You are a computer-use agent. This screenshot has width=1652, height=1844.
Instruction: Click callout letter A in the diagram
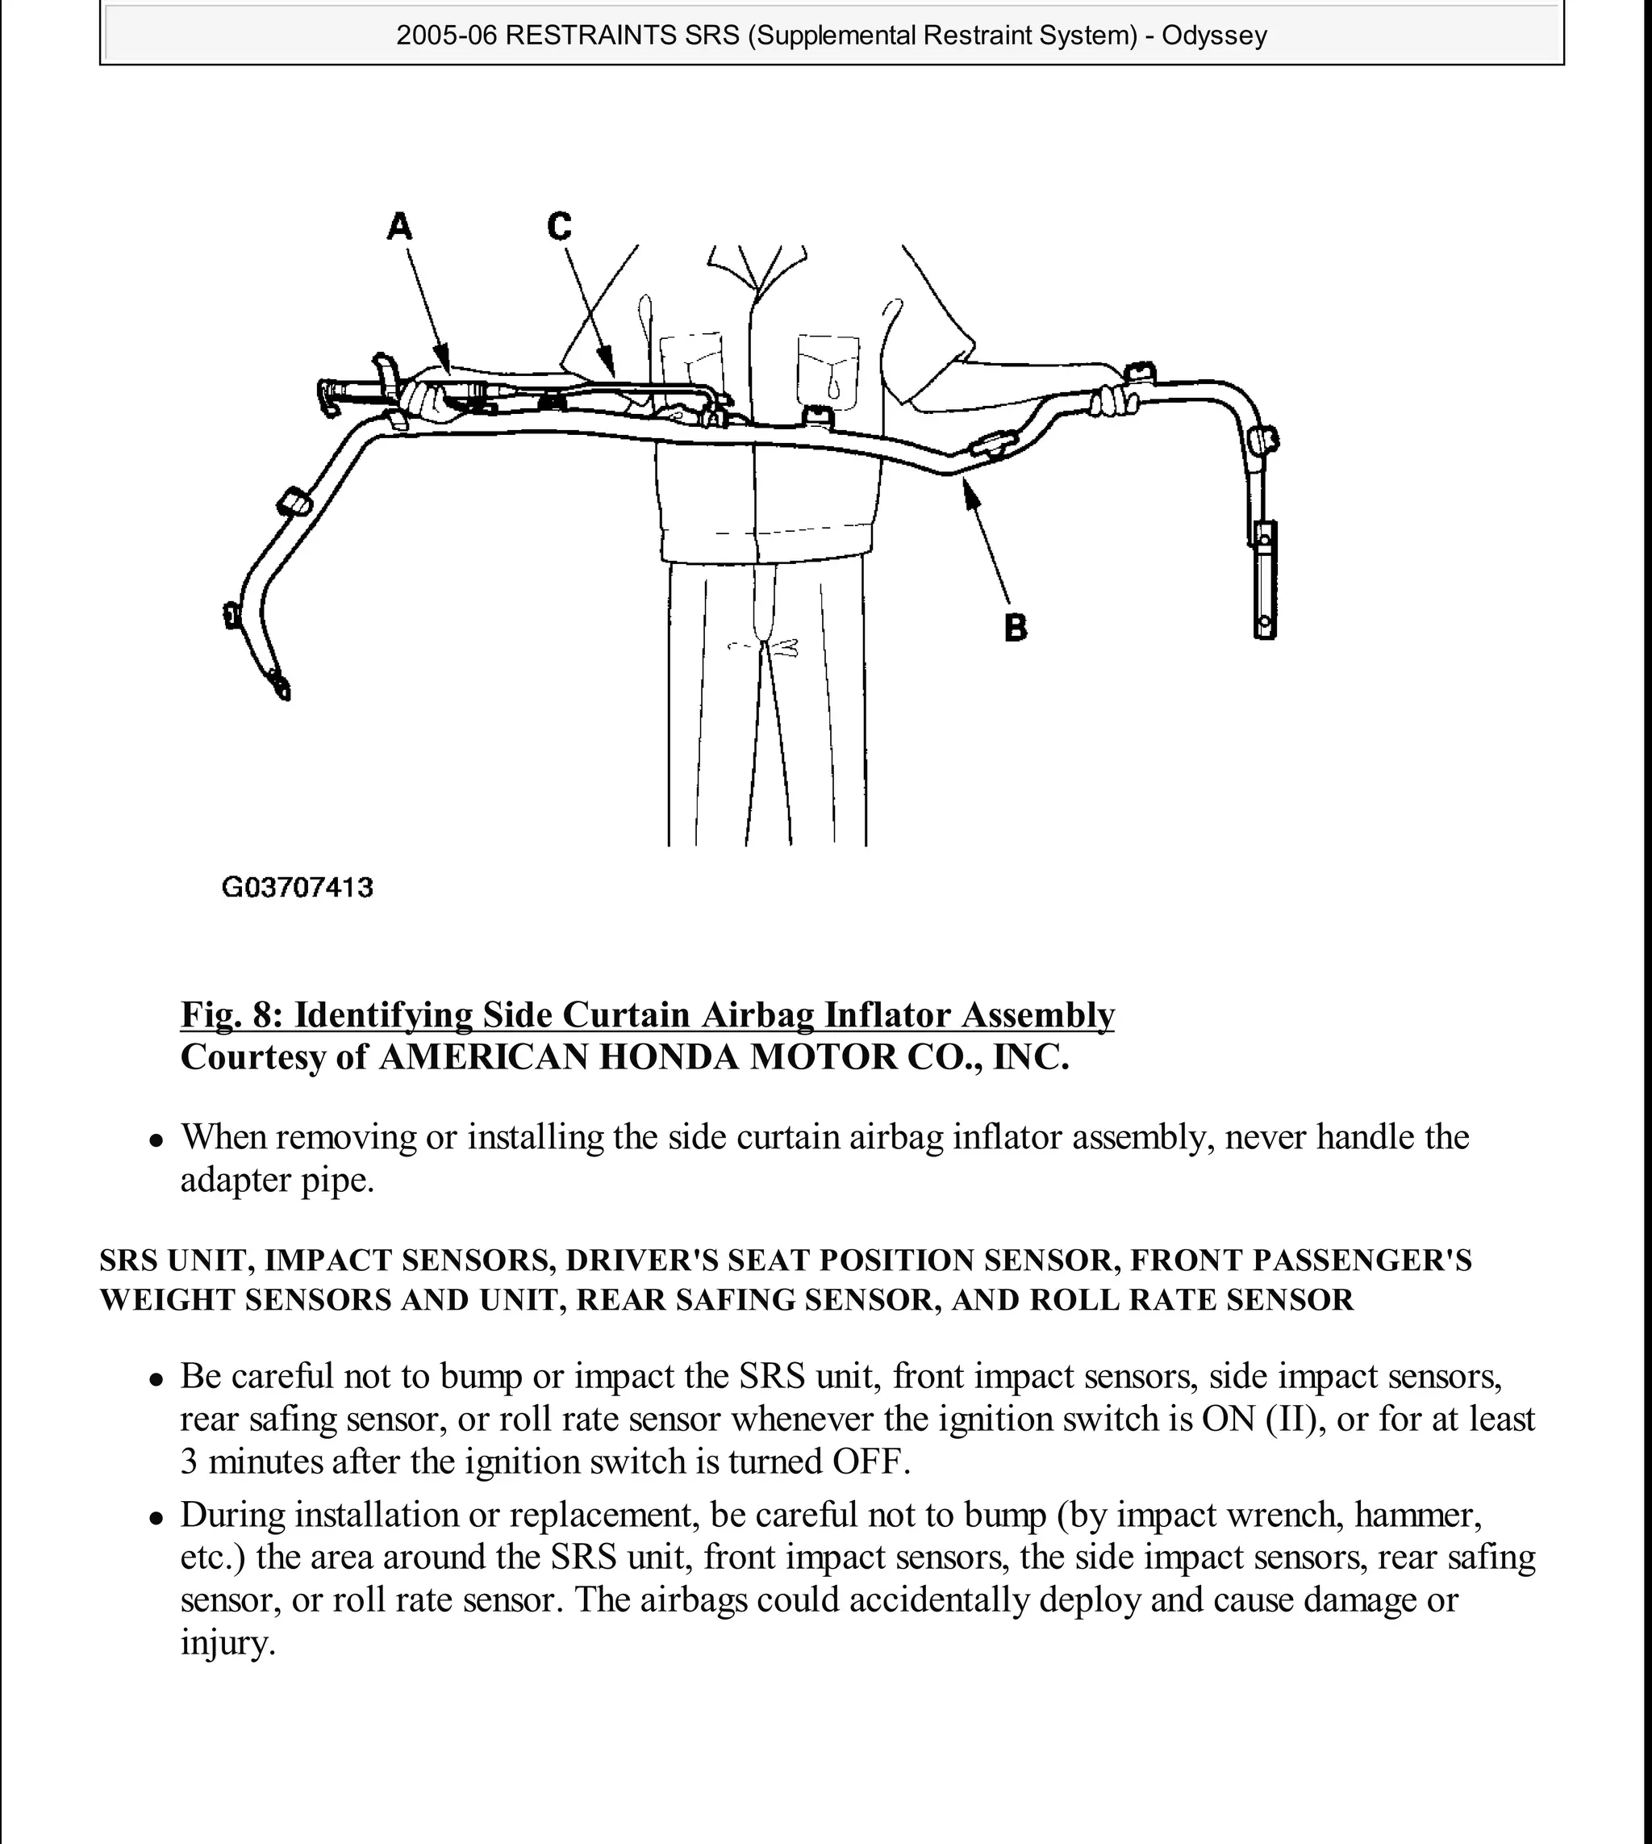tap(399, 226)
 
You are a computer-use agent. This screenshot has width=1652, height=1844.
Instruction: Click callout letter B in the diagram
tap(1016, 627)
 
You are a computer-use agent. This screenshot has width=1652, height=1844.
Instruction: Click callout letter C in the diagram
tap(559, 226)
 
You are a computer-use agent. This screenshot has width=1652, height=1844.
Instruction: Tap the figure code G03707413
tap(297, 887)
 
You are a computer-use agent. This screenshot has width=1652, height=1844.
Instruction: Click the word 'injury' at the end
tap(225, 1642)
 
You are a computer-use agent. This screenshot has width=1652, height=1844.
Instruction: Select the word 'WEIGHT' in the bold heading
tap(167, 1299)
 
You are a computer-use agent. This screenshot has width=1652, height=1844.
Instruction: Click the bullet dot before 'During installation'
tap(157, 1517)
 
